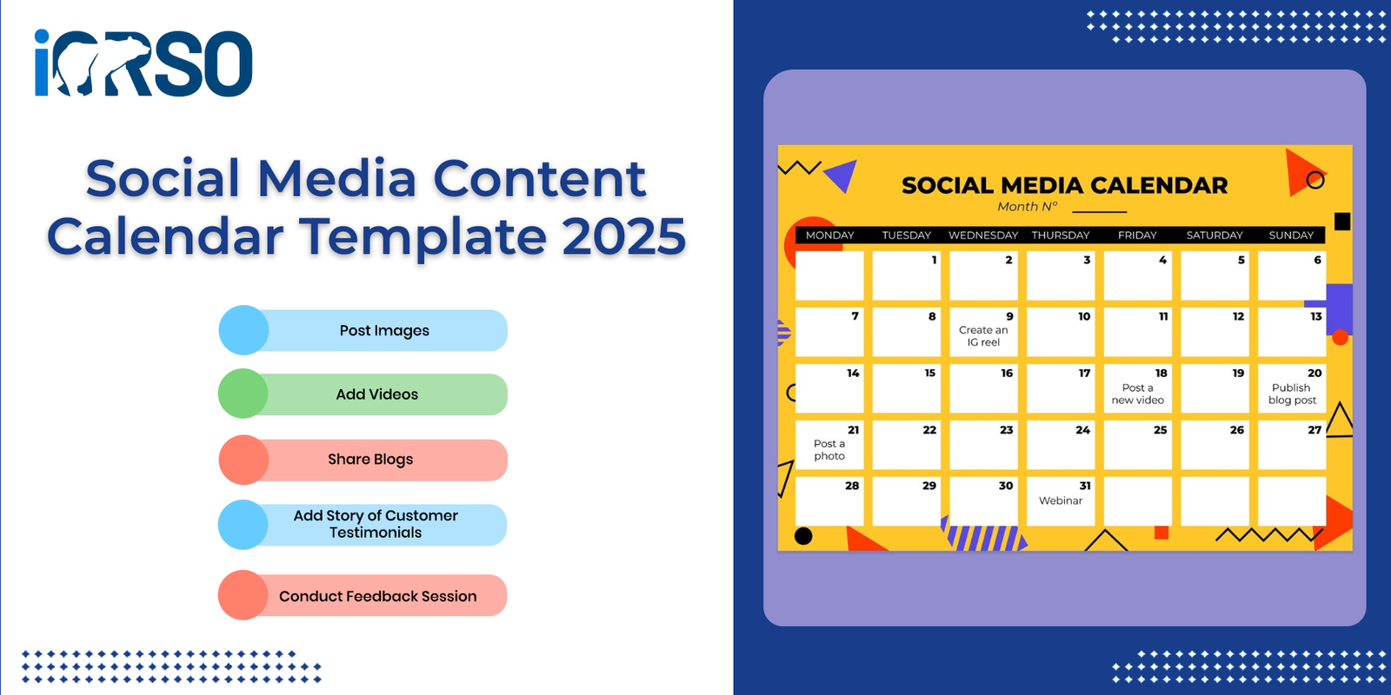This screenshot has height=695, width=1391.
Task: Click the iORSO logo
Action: (x=143, y=63)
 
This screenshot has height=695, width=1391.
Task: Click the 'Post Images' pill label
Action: (x=384, y=331)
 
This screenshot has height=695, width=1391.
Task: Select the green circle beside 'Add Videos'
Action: (x=243, y=394)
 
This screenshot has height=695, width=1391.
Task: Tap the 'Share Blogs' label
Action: (x=370, y=460)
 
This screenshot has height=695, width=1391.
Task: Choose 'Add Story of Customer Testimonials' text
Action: (x=376, y=525)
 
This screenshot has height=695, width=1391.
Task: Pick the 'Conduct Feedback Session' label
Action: (x=377, y=596)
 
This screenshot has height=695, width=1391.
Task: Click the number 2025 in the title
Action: (x=624, y=236)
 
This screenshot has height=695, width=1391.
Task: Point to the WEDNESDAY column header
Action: (x=983, y=235)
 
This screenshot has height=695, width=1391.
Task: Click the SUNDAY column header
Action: (x=1291, y=235)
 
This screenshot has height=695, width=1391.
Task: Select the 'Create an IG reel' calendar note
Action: (x=983, y=336)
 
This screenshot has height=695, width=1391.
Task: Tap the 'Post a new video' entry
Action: (x=1138, y=394)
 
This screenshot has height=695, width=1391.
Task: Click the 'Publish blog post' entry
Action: (x=1292, y=394)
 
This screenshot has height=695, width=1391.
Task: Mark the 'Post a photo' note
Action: (x=829, y=450)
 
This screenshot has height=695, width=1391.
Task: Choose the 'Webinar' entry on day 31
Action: (x=1061, y=500)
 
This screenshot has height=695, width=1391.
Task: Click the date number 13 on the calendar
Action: (x=1316, y=316)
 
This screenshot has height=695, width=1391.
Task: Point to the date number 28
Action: (x=852, y=486)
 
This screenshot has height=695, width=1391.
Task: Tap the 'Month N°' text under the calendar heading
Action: (x=1027, y=207)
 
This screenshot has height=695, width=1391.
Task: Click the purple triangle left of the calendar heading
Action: (x=843, y=175)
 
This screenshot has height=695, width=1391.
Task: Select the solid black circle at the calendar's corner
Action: (x=803, y=536)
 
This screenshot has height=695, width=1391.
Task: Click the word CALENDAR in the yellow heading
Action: (x=1159, y=186)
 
